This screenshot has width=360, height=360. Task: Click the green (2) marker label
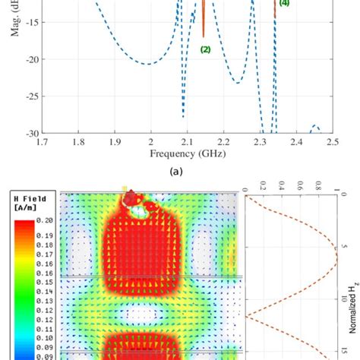click(205, 49)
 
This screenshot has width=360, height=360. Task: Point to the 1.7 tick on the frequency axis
click(42, 142)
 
